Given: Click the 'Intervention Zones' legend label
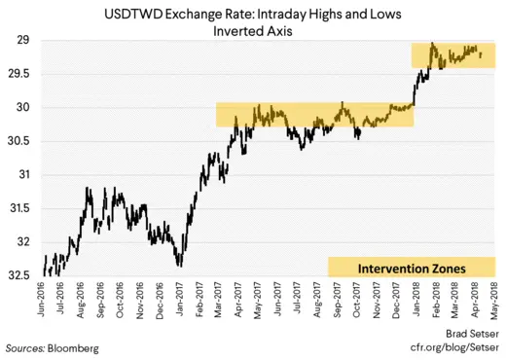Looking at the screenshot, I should tap(412, 267).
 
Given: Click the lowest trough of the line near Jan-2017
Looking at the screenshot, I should tap(179, 264).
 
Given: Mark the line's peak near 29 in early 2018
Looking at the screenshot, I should tap(431, 44).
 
